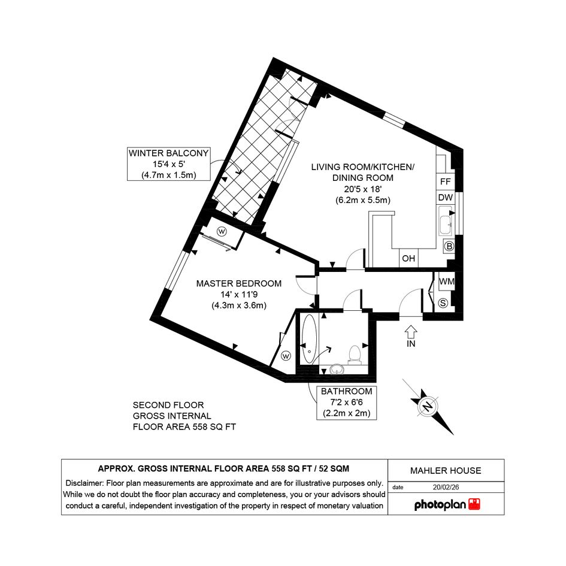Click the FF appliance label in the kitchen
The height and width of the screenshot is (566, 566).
click(446, 181)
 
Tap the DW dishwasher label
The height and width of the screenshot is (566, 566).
click(446, 198)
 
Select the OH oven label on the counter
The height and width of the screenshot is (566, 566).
click(408, 259)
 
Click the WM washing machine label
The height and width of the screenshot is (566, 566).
click(447, 282)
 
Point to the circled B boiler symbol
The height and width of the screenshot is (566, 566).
click(449, 247)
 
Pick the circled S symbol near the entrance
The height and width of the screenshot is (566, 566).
click(443, 303)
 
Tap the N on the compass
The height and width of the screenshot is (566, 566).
click(428, 407)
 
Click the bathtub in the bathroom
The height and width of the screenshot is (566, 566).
click(309, 338)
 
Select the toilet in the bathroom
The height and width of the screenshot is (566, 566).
click(355, 355)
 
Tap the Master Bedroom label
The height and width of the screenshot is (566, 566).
click(239, 284)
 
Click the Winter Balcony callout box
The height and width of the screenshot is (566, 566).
click(168, 164)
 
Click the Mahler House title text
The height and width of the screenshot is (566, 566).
click(446, 471)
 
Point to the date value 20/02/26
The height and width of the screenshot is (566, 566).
click(446, 488)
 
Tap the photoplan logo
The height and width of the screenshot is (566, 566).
click(447, 505)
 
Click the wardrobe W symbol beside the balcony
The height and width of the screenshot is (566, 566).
click(222, 231)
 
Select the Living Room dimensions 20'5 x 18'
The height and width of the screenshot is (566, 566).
click(363, 189)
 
